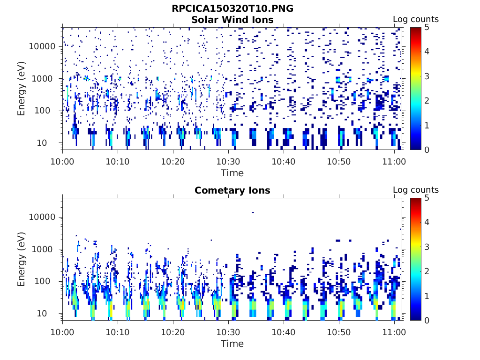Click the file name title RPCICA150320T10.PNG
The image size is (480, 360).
pyautogui.click(x=232, y=8)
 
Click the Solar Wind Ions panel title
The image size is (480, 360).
pyautogui.click(x=232, y=20)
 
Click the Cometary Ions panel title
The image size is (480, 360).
pyautogui.click(x=232, y=190)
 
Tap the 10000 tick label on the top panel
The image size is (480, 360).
pyautogui.click(x=42, y=46)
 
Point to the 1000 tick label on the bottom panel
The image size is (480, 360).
pyautogui.click(x=45, y=249)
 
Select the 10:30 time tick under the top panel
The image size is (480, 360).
pyautogui.click(x=229, y=161)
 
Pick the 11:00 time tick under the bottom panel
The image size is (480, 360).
pyautogui.click(x=394, y=332)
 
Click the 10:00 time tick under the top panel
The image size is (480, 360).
pyautogui.click(x=63, y=161)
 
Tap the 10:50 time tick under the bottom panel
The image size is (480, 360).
pyautogui.click(x=339, y=332)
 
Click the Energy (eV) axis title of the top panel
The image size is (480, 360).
pyautogui.click(x=22, y=89)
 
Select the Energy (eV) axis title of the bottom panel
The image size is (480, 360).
pyautogui.click(x=22, y=259)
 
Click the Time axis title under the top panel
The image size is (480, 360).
pyautogui.click(x=232, y=173)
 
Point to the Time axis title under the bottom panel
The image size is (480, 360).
pyautogui.click(x=232, y=344)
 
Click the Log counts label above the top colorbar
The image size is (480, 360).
pyautogui.click(x=415, y=19)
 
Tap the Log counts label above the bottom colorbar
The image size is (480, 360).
pyautogui.click(x=415, y=190)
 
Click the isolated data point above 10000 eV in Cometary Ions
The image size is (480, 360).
pyautogui.click(x=253, y=213)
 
